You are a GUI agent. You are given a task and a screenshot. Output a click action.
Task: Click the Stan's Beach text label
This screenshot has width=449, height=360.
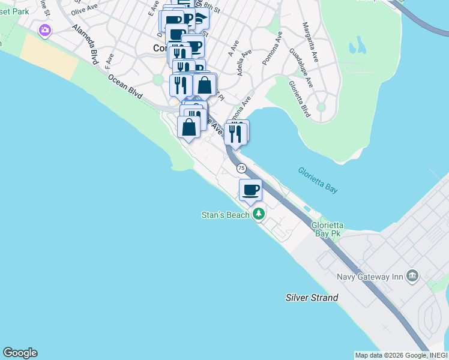(225, 215)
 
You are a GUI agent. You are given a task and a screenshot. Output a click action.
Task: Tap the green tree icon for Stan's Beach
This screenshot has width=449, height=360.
(259, 213)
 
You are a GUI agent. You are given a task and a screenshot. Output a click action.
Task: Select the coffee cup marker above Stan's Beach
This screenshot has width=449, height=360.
(251, 190)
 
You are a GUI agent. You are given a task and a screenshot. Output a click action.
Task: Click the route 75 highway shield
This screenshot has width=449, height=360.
(241, 168)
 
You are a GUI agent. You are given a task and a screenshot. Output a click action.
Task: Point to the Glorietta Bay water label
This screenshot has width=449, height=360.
(318, 180)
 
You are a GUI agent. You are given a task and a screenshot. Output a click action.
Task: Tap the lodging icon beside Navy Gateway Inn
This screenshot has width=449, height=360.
(412, 276)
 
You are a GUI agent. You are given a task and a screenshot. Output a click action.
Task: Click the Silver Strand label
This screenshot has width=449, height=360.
(312, 298)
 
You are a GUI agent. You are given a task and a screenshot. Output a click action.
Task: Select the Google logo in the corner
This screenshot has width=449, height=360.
(20, 353)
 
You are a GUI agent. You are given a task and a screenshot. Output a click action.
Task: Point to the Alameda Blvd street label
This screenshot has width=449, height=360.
(85, 44)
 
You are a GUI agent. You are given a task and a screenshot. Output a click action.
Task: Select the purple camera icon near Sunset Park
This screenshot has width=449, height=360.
(45, 30)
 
